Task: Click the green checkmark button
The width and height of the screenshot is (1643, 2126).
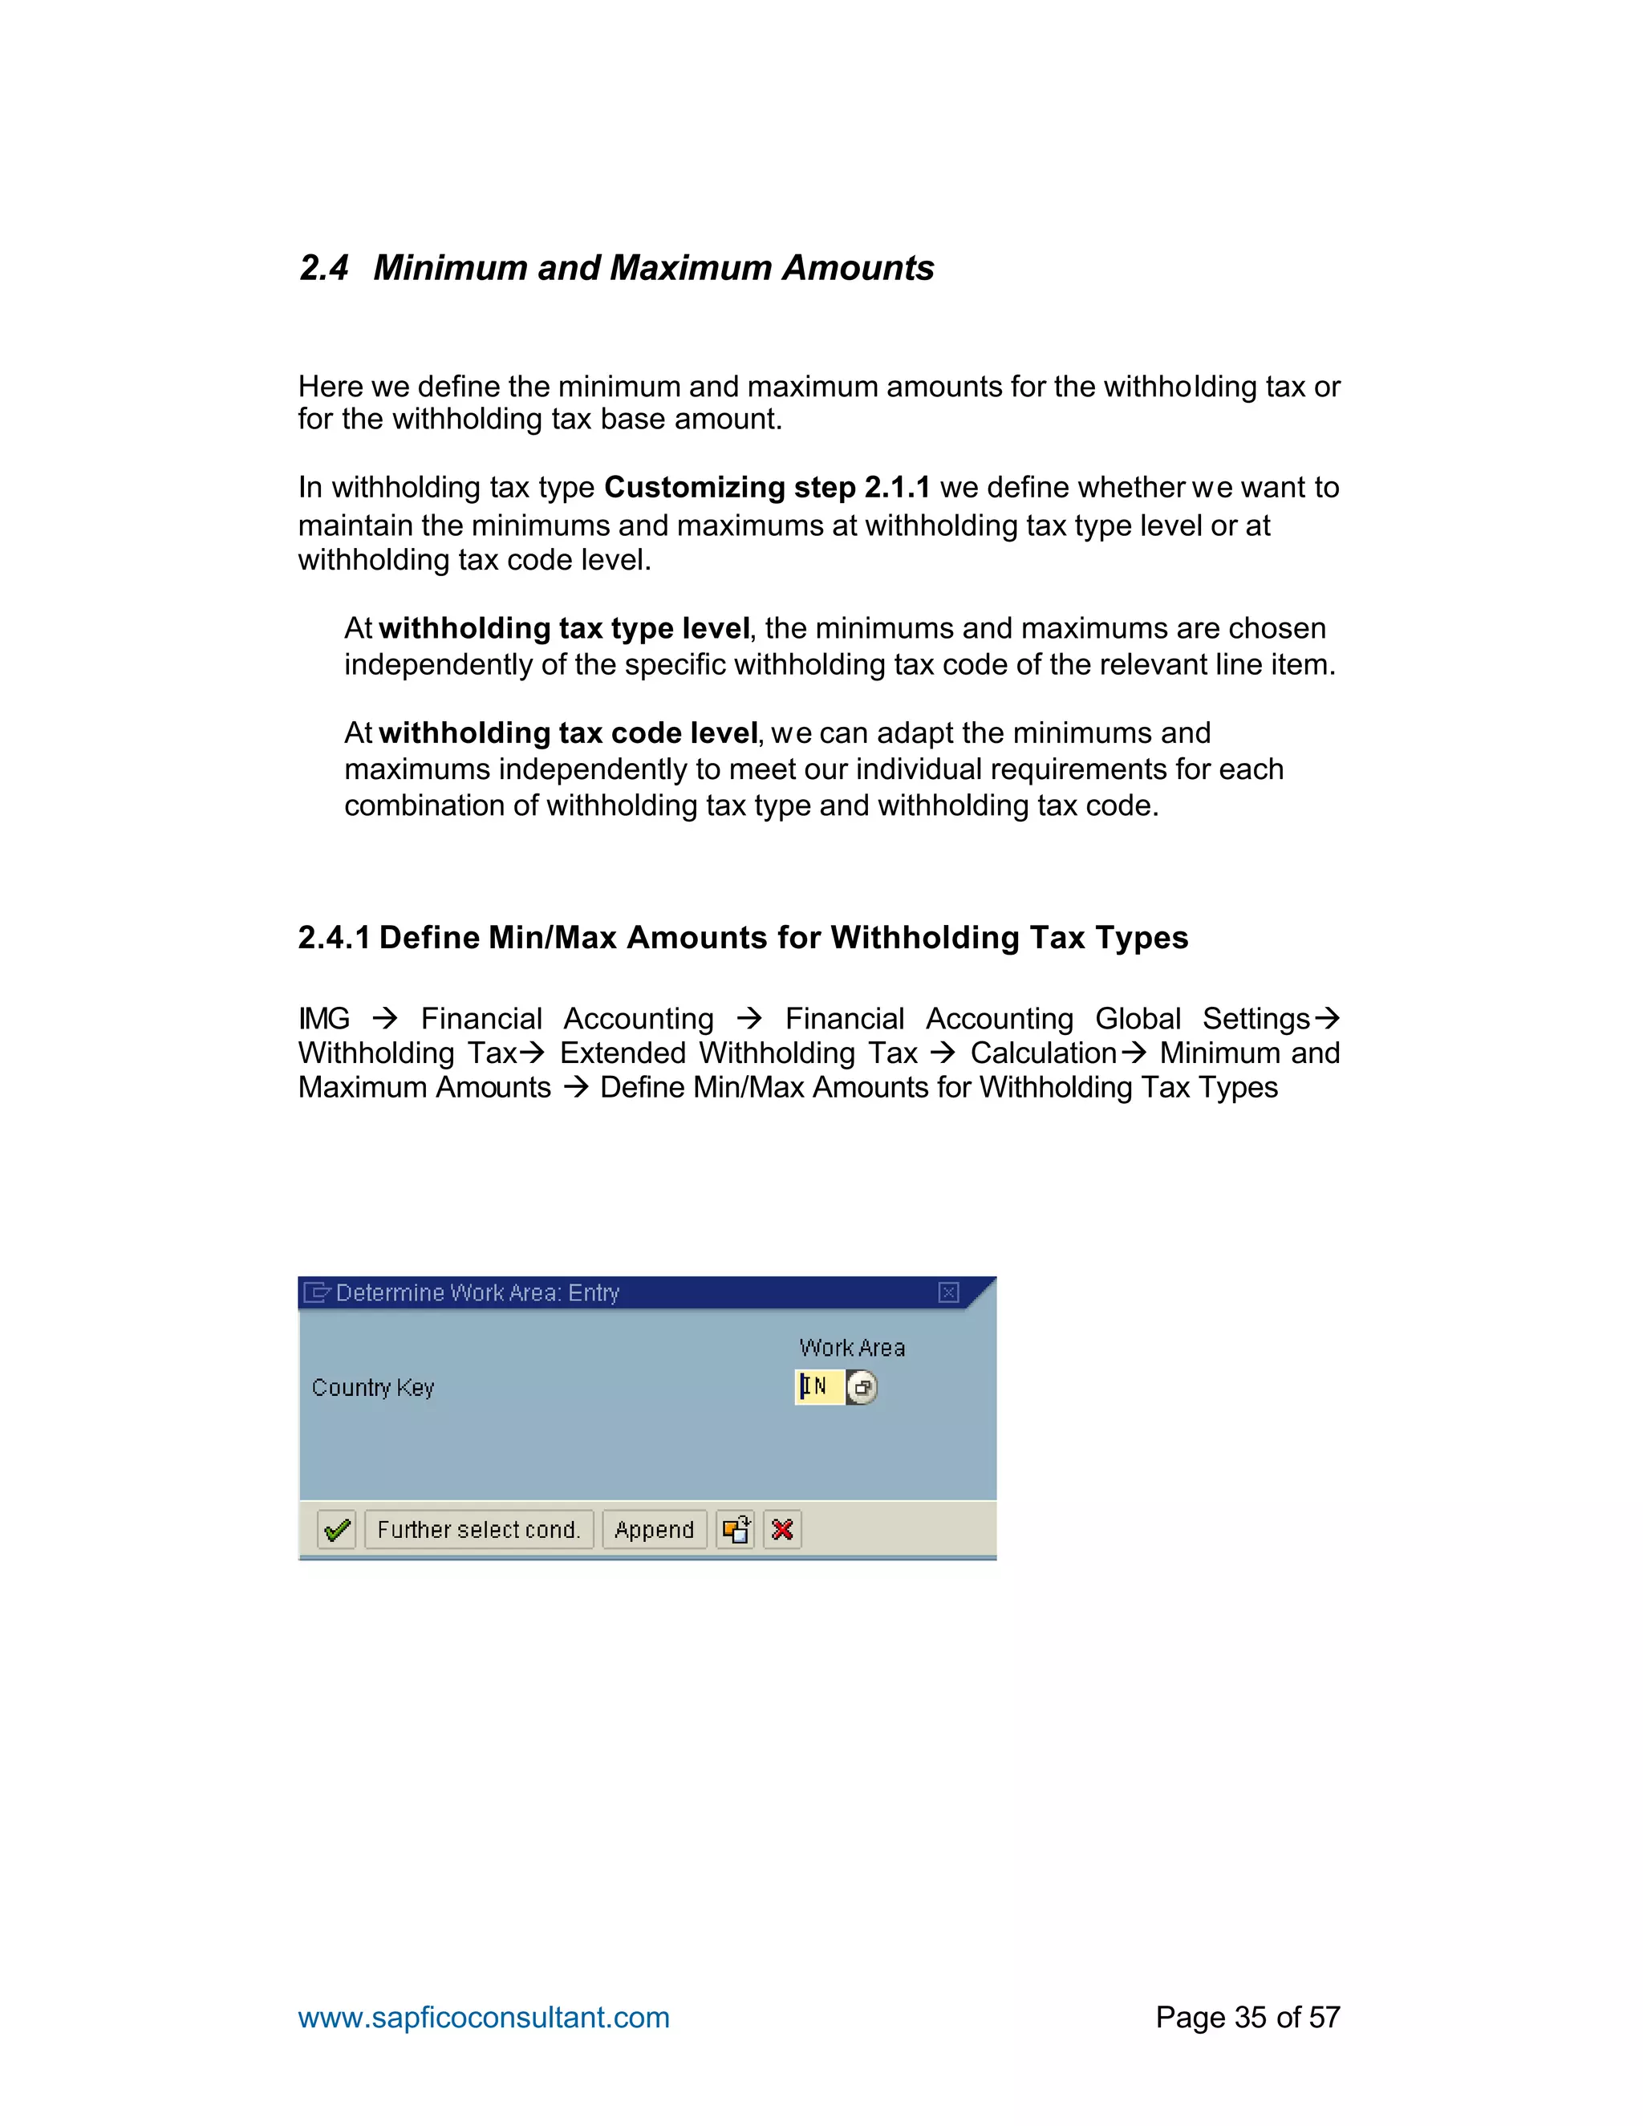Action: (x=337, y=1529)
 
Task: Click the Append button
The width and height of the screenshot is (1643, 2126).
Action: (x=654, y=1529)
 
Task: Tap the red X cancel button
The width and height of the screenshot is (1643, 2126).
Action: (x=781, y=1529)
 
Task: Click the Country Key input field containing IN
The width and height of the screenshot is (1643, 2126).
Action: (x=818, y=1386)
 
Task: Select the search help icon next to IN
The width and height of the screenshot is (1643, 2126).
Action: (x=862, y=1387)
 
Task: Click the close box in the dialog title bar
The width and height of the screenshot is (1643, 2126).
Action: (x=948, y=1292)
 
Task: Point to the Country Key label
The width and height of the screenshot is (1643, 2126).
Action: (x=373, y=1387)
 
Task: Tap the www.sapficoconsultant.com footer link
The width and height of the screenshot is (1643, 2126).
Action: (x=484, y=2016)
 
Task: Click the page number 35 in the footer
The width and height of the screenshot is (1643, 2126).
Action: (x=1251, y=2016)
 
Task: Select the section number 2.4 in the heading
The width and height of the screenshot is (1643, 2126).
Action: (x=323, y=268)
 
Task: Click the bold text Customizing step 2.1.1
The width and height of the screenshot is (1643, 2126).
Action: (x=767, y=487)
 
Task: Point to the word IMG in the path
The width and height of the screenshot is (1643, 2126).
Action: (x=324, y=1018)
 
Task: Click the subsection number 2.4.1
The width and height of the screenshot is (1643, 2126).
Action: (x=334, y=937)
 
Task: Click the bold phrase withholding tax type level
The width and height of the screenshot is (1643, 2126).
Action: (x=563, y=628)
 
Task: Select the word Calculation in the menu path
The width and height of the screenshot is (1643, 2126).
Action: (x=1042, y=1053)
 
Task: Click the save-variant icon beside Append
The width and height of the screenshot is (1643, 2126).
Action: (x=736, y=1529)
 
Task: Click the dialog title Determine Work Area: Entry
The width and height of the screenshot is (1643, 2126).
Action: (x=477, y=1292)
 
